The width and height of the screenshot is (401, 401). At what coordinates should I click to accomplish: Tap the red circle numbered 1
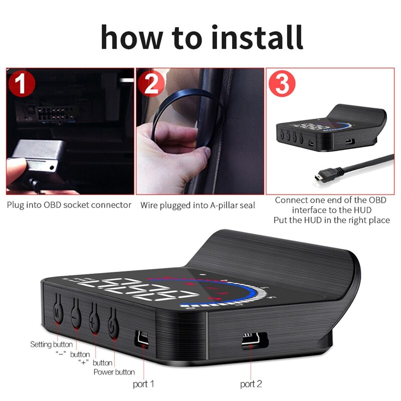pos(21,85)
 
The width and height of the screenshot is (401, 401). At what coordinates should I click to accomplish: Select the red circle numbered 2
pos(151,85)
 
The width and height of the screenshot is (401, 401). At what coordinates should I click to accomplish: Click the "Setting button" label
pos(51,344)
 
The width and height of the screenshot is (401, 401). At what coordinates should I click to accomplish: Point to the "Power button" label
pos(114,372)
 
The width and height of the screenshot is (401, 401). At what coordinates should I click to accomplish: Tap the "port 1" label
pos(144,384)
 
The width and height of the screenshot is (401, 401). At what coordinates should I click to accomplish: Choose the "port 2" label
pos(252,384)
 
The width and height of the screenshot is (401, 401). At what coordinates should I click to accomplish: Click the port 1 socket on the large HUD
pos(142,339)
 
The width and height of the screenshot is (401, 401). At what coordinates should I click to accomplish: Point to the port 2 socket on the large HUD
pos(249,341)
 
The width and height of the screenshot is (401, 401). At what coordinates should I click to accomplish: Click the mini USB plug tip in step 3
pos(317,177)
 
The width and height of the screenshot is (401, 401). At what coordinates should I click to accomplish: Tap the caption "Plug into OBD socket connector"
pos(69,205)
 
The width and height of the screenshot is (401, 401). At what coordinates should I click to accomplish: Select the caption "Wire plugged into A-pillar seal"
pos(197,205)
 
